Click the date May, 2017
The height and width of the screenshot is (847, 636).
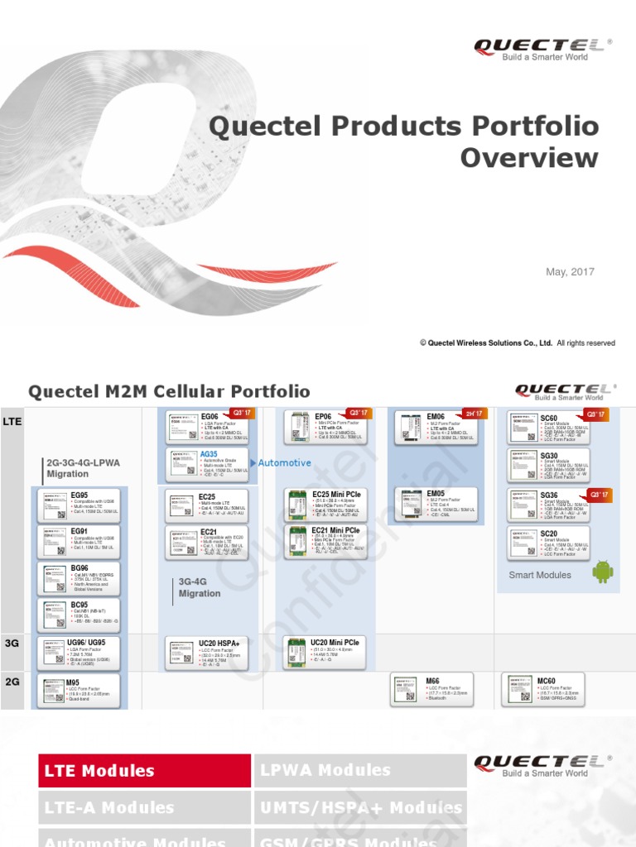[x=570, y=272]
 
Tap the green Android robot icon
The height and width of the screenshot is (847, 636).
[x=602, y=572]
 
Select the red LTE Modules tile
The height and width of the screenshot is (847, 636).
[x=145, y=771]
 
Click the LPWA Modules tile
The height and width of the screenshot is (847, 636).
[x=360, y=771]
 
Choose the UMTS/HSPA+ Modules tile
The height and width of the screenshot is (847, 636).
[x=360, y=807]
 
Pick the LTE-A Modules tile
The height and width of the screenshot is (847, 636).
[x=145, y=807]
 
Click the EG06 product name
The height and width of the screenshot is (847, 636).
[x=210, y=418]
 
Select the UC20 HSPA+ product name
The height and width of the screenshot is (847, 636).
[x=219, y=643]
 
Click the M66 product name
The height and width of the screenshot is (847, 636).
[x=432, y=681]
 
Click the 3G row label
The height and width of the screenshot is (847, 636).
[x=12, y=642]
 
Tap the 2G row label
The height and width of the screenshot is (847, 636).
[x=12, y=682]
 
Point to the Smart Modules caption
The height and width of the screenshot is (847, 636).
[x=540, y=575]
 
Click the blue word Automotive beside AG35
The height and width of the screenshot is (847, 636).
[x=285, y=463]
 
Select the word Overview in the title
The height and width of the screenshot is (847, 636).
[x=529, y=158]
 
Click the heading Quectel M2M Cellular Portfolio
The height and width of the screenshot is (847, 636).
[x=170, y=391]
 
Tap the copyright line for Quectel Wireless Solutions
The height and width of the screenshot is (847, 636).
[x=518, y=343]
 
